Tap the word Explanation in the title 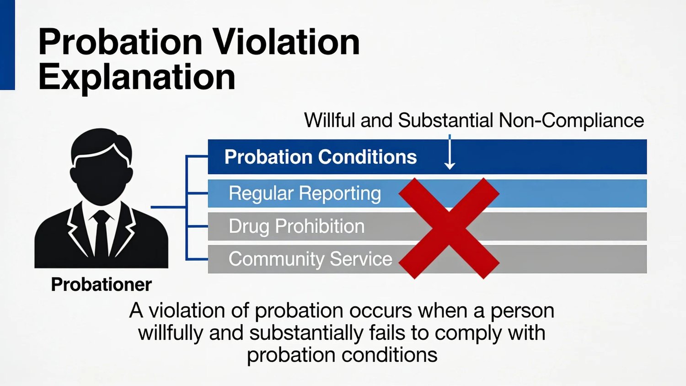[x=137, y=77]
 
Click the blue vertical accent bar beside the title [x=7, y=45]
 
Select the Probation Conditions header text [x=321, y=157]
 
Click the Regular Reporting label [x=305, y=193]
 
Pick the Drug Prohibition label [x=297, y=226]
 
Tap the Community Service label [x=310, y=259]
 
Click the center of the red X [x=449, y=229]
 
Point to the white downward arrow [x=449, y=152]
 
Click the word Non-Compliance [x=571, y=120]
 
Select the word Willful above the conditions [x=330, y=120]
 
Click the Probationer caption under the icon [x=102, y=284]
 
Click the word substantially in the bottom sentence [x=306, y=333]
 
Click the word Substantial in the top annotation [x=445, y=120]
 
